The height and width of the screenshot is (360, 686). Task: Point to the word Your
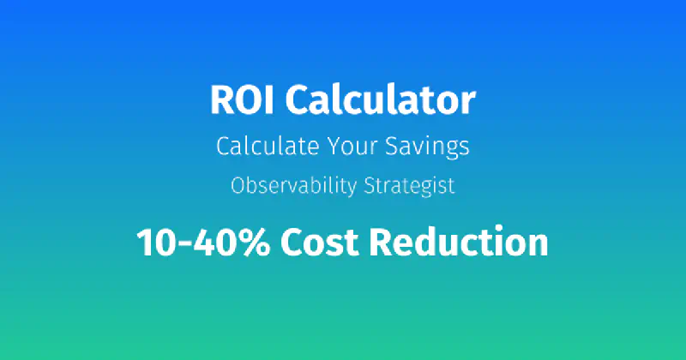pyautogui.click(x=352, y=146)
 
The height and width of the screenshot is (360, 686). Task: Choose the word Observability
pyautogui.click(x=287, y=186)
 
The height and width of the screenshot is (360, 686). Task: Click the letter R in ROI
pyautogui.click(x=221, y=101)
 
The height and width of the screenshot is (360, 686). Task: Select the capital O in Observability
pyautogui.click(x=238, y=186)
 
